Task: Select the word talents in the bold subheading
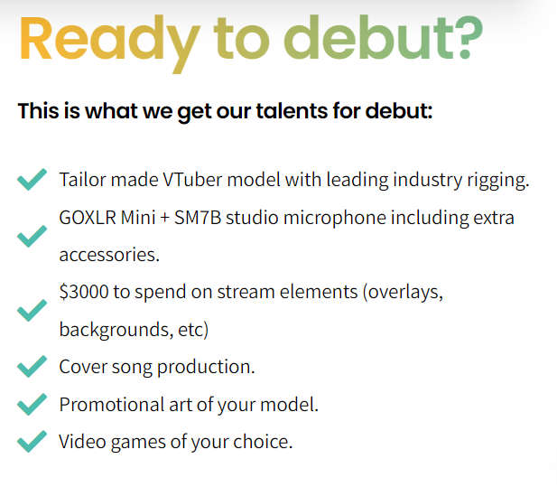pos(292,110)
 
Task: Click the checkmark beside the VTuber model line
pos(32,179)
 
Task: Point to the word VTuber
pos(192,180)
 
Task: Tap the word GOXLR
pos(88,218)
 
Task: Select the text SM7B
pos(198,218)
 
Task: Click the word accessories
pos(109,255)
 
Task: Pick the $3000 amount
pos(84,292)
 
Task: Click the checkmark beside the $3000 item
pos(32,310)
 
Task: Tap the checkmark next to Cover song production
pos(32,366)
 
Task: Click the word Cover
pos(83,367)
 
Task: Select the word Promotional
pos(112,405)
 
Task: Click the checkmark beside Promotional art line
pos(32,404)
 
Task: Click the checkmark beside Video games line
pos(32,441)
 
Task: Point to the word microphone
pos(335,219)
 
